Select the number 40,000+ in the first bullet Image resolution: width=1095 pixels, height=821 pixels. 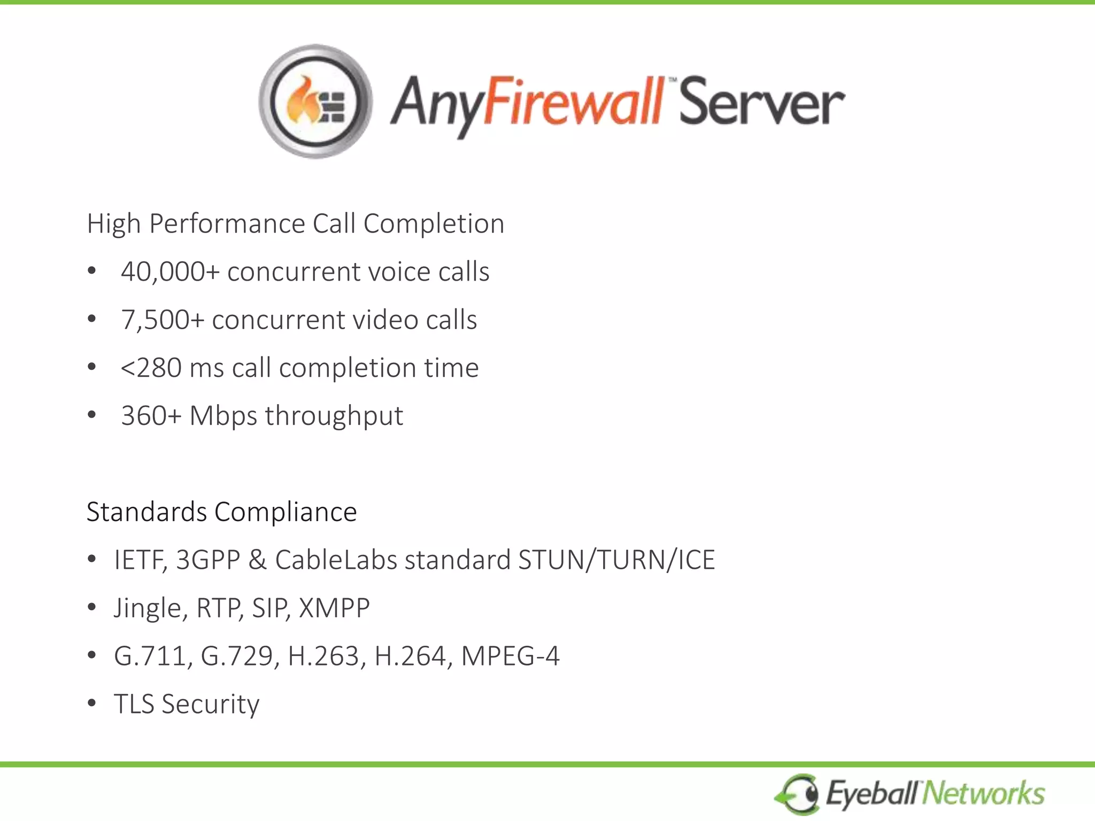(170, 272)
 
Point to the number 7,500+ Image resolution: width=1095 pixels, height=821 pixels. (163, 320)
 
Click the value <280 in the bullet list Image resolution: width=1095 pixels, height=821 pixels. (151, 368)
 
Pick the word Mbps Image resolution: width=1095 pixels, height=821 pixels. (223, 416)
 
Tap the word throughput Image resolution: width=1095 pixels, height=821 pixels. (334, 416)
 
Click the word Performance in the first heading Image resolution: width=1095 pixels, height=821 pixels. (227, 223)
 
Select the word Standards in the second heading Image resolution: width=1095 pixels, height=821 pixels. (146, 512)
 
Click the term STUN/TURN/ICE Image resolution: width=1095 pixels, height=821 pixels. (616, 560)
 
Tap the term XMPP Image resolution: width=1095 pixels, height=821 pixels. (334, 608)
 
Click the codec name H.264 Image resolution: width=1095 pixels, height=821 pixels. (410, 656)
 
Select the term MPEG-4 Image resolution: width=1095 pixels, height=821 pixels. (510, 656)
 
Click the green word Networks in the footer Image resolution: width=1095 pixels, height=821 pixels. (983, 793)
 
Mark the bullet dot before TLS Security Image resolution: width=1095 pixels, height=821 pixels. (92, 703)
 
